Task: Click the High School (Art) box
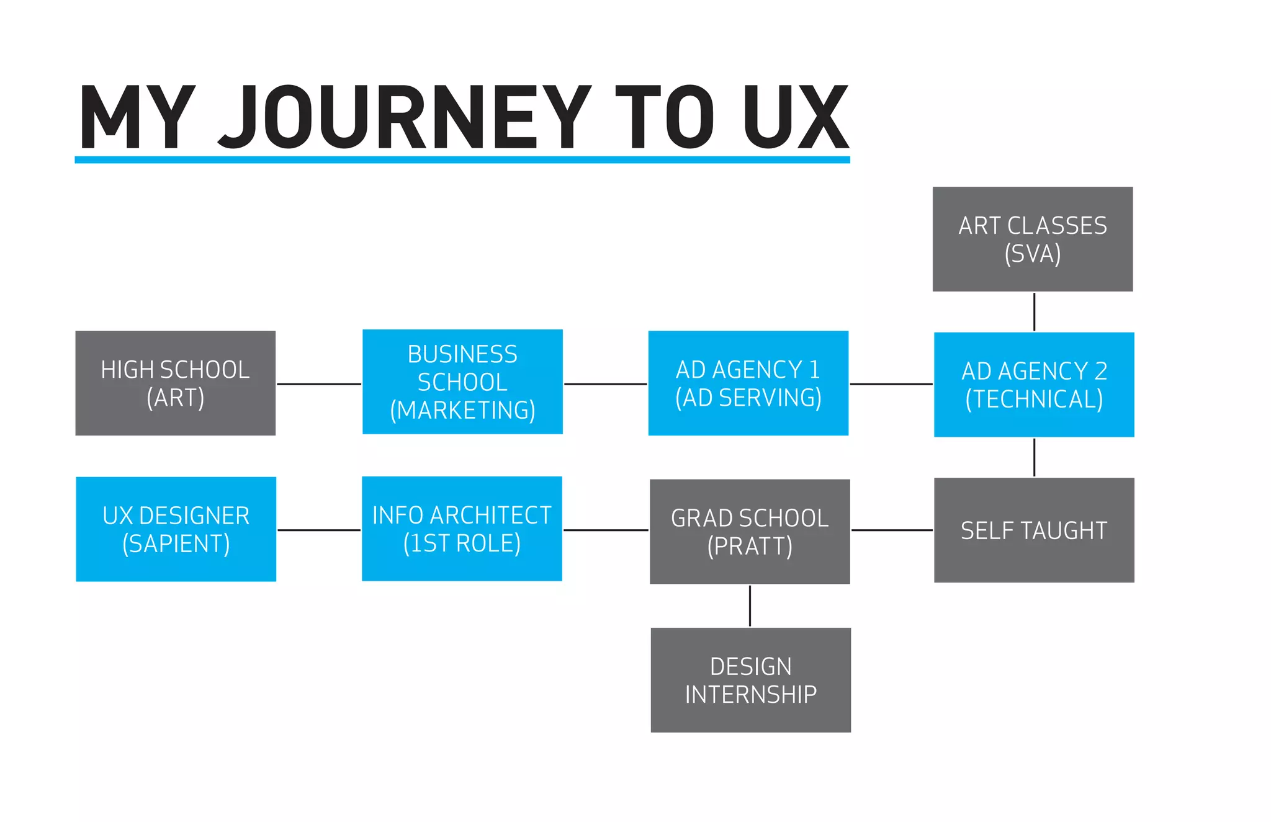(x=175, y=383)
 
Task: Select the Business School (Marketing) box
(x=462, y=382)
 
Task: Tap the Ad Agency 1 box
(x=748, y=383)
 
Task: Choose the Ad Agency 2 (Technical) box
(x=1034, y=385)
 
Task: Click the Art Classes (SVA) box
(x=1033, y=239)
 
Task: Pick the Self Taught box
(x=1034, y=530)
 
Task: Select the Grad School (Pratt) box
(x=750, y=531)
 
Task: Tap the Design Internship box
(x=750, y=680)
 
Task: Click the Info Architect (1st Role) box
(x=462, y=529)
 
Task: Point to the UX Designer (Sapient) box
(x=176, y=529)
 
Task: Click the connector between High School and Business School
(x=319, y=384)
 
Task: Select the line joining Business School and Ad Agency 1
(x=605, y=384)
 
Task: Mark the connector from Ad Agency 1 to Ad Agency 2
(x=891, y=384)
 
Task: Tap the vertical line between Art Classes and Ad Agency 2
(x=1034, y=311)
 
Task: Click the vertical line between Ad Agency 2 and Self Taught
(x=1034, y=457)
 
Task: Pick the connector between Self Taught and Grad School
(x=892, y=530)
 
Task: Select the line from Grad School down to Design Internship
(x=750, y=605)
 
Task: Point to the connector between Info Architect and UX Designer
(x=319, y=530)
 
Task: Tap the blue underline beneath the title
(x=462, y=160)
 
